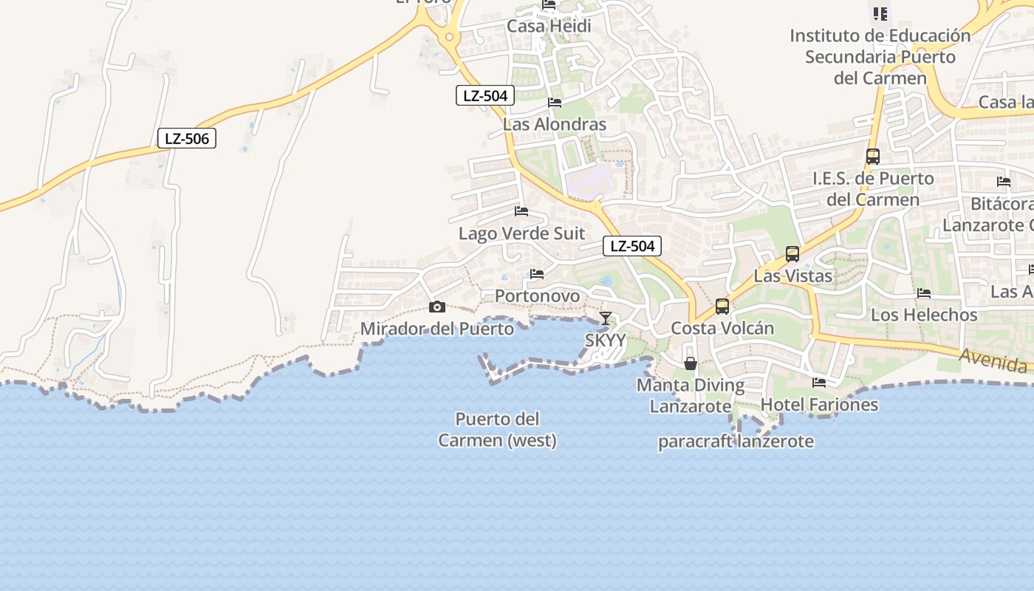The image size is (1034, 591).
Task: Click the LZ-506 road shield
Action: pyautogui.click(x=187, y=138)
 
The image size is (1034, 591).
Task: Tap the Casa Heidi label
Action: pyautogui.click(x=549, y=27)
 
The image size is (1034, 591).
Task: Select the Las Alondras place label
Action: pyautogui.click(x=554, y=124)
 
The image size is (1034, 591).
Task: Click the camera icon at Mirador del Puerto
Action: pyautogui.click(x=437, y=307)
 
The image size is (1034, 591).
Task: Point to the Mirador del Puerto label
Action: pyautogui.click(x=437, y=329)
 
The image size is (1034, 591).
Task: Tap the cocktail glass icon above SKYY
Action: pyautogui.click(x=606, y=318)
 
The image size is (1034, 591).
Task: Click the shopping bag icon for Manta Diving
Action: pyautogui.click(x=691, y=363)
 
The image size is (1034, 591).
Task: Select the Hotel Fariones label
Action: pyautogui.click(x=819, y=405)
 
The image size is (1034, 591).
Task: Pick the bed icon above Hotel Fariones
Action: pyautogui.click(x=819, y=383)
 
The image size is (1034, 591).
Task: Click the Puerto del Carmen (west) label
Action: pyautogui.click(x=497, y=430)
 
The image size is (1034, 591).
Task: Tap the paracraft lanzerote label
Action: pyautogui.click(x=736, y=442)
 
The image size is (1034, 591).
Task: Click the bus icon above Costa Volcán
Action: pyautogui.click(x=722, y=306)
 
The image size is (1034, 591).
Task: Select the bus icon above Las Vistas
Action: pyautogui.click(x=792, y=254)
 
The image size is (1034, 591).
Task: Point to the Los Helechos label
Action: pyautogui.click(x=924, y=315)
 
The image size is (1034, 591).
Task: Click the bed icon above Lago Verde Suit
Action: pyautogui.click(x=521, y=211)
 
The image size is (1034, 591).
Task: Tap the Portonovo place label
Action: pyautogui.click(x=537, y=296)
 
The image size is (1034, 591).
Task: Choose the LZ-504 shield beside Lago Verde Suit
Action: pyautogui.click(x=632, y=246)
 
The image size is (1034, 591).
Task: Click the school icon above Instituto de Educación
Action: pyautogui.click(x=880, y=13)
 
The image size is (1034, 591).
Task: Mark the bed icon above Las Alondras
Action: pyautogui.click(x=555, y=103)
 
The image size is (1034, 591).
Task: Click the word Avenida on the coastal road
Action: pyautogui.click(x=993, y=361)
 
